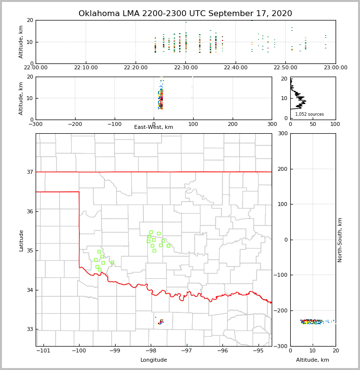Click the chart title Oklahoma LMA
[185, 14]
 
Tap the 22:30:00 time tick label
[186, 68]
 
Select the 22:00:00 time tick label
[36, 68]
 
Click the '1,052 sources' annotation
[309, 114]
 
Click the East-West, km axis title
[154, 127]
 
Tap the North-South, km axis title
[340, 240]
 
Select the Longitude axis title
[154, 360]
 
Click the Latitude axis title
[21, 240]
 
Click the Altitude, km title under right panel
[313, 360]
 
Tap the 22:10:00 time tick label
[86, 68]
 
